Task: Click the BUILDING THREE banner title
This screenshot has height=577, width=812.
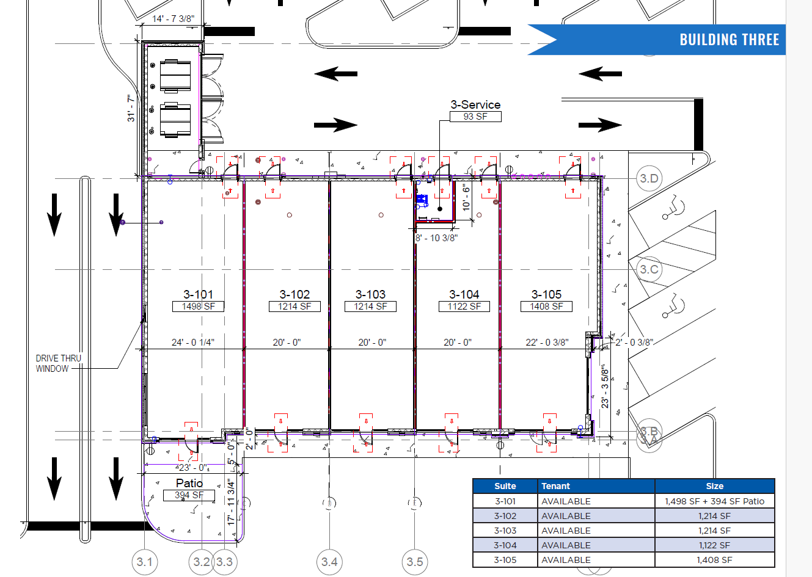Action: pyautogui.click(x=729, y=40)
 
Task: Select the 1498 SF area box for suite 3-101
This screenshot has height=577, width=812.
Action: pyautogui.click(x=198, y=307)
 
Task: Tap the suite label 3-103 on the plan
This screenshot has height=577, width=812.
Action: pyautogui.click(x=370, y=294)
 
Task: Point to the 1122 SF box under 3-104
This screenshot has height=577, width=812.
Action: pyautogui.click(x=464, y=307)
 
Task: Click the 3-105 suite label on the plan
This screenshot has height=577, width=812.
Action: pyautogui.click(x=546, y=294)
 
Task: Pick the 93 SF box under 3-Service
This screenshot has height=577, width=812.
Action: pyautogui.click(x=475, y=117)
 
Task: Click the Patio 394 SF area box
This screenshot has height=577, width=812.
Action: pyautogui.click(x=189, y=495)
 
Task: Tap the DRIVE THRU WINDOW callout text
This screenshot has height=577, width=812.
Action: pyautogui.click(x=58, y=363)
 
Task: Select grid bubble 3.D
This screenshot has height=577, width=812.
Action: pyautogui.click(x=649, y=178)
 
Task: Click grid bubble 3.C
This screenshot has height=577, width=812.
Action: pyautogui.click(x=649, y=269)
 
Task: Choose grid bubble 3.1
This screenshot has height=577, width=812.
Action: pyautogui.click(x=145, y=562)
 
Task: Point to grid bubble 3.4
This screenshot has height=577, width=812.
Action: pyautogui.click(x=329, y=562)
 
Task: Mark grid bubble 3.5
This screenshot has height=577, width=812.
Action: pyautogui.click(x=415, y=562)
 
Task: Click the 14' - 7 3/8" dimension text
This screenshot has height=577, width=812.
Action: pyautogui.click(x=174, y=18)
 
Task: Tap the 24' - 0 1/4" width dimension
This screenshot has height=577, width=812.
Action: pyautogui.click(x=193, y=343)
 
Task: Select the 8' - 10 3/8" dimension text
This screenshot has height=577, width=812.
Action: pyautogui.click(x=436, y=238)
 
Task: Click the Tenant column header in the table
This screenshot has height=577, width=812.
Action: pyautogui.click(x=555, y=486)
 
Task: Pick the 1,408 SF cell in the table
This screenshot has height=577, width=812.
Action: pyautogui.click(x=714, y=560)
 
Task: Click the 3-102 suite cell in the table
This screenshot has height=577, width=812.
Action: pyautogui.click(x=505, y=516)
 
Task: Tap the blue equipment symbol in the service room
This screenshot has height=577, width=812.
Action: pyautogui.click(x=422, y=199)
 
